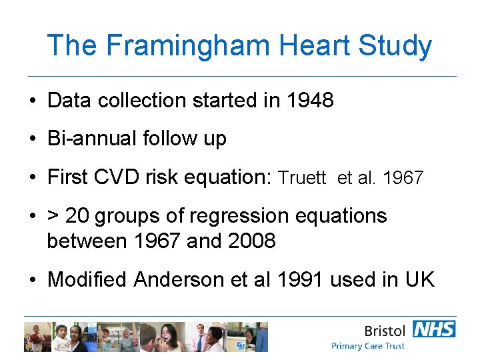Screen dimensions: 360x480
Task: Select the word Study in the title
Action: (395, 46)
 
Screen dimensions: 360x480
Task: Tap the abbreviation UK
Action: (419, 279)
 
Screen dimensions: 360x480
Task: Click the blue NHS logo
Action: (434, 329)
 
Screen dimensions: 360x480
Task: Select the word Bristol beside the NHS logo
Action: (385, 331)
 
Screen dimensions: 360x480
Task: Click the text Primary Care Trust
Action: (368, 346)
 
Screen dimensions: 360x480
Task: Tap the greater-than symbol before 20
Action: (53, 216)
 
